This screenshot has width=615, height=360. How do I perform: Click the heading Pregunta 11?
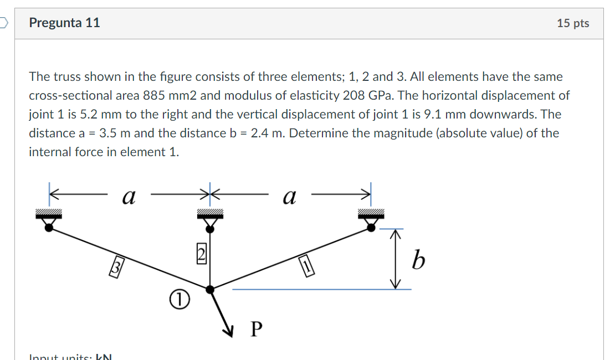pyautogui.click(x=65, y=23)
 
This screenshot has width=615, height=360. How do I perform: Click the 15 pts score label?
pyautogui.click(x=573, y=23)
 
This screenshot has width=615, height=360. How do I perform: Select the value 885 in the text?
pyautogui.click(x=153, y=95)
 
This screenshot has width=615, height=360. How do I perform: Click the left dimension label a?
pyautogui.click(x=129, y=196)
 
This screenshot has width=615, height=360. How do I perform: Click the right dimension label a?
pyautogui.click(x=289, y=196)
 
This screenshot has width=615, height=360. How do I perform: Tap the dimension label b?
pyautogui.click(x=418, y=260)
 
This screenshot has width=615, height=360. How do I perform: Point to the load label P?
pyautogui.click(x=255, y=329)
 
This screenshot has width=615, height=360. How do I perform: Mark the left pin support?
pyautogui.click(x=49, y=221)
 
